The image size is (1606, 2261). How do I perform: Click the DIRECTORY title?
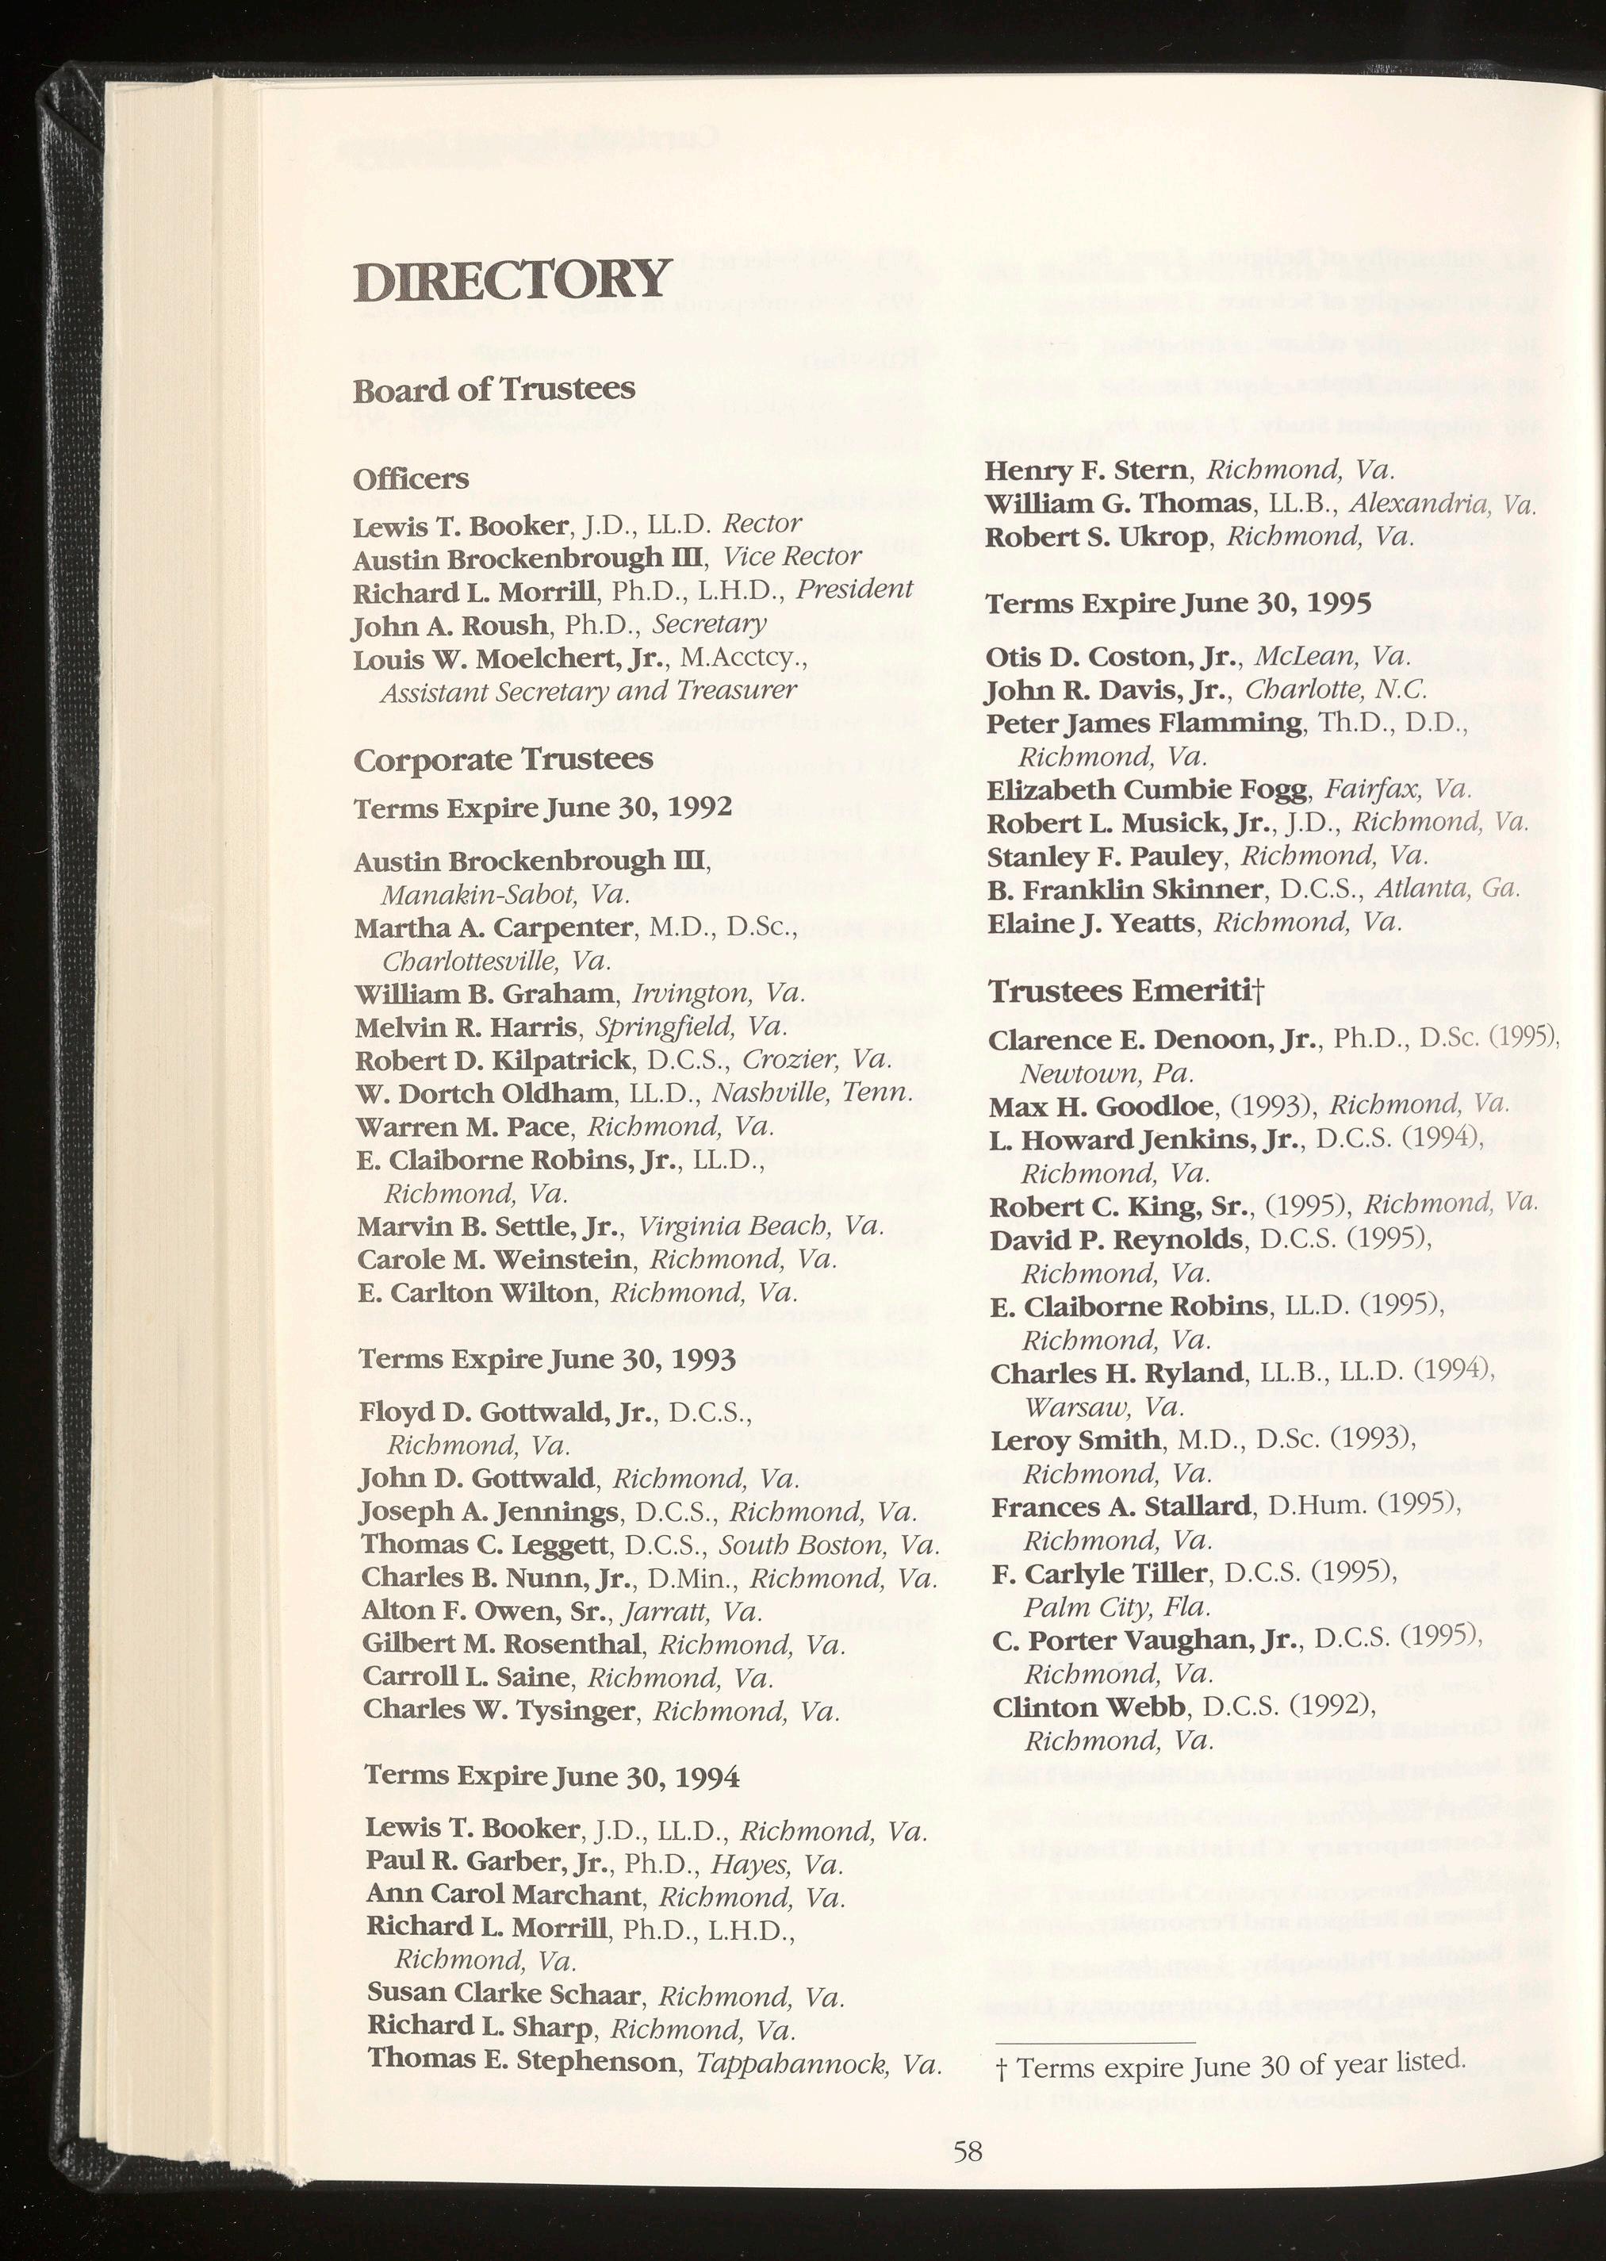click(512, 281)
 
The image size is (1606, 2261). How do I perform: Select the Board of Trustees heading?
click(494, 390)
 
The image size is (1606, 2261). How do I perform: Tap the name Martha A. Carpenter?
click(493, 927)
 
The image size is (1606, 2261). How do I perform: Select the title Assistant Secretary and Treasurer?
click(588, 690)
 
